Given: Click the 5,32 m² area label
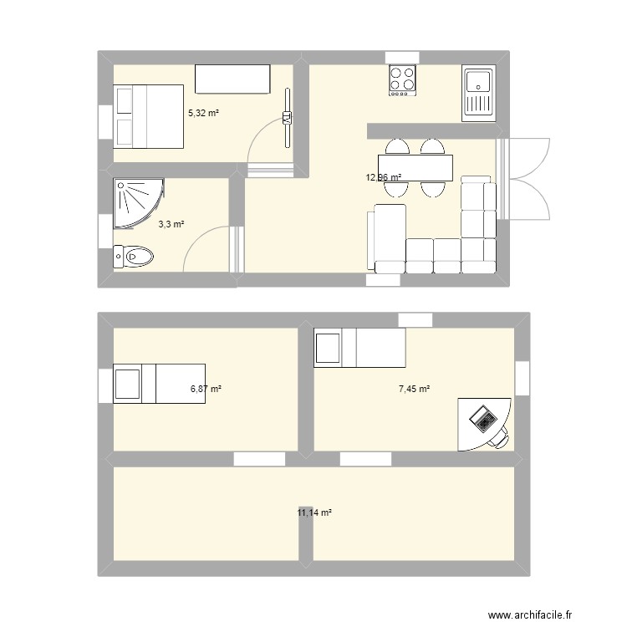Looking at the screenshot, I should click(x=203, y=113).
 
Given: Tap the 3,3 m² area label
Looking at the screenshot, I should click(x=171, y=224).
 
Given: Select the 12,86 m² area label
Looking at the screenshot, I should click(x=383, y=177).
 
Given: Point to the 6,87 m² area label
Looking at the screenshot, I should click(x=206, y=389).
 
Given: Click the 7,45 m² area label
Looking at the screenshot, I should click(x=414, y=389).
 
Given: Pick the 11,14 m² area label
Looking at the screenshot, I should click(x=314, y=512).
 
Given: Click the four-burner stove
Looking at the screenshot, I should click(x=402, y=80).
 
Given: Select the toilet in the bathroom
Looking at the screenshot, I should click(x=133, y=256).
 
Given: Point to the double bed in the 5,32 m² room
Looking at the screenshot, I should click(x=148, y=116).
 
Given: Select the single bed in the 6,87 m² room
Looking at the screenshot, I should click(x=159, y=383).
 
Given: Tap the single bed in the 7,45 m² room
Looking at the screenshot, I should click(x=359, y=348).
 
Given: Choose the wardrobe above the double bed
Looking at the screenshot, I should click(x=233, y=79).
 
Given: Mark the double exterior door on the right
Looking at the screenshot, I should click(x=525, y=178).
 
